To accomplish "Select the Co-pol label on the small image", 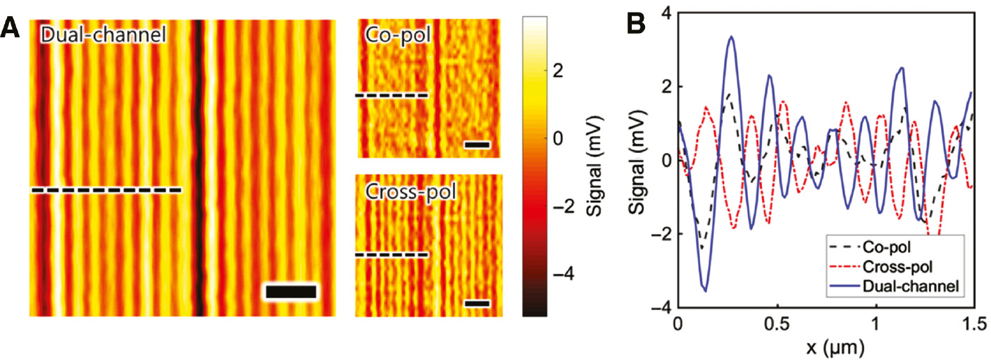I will coord(394,35).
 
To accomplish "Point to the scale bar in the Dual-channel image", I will coord(291,292).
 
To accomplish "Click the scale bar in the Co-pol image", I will coord(477,145).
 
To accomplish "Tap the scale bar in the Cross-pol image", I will coord(477,304).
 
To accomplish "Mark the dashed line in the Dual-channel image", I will coord(106,190).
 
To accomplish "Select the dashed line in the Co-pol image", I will coord(392,94).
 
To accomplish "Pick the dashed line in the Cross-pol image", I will coord(392,254).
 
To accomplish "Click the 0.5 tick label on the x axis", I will coord(777,324).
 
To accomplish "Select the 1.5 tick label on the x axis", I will coord(973,324).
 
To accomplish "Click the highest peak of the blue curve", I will coord(732,37).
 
